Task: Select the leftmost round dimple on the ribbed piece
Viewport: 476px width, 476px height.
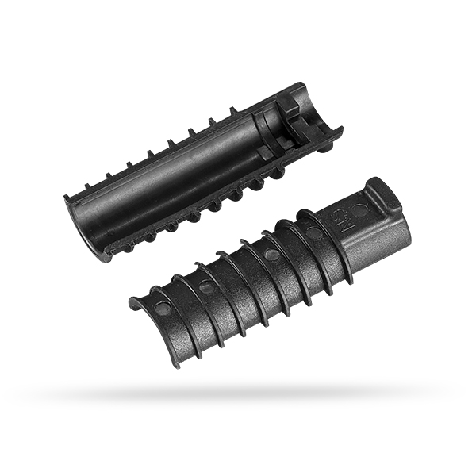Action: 162,307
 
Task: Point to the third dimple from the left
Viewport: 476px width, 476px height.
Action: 272,255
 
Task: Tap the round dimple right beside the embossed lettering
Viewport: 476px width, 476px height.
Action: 361,211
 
